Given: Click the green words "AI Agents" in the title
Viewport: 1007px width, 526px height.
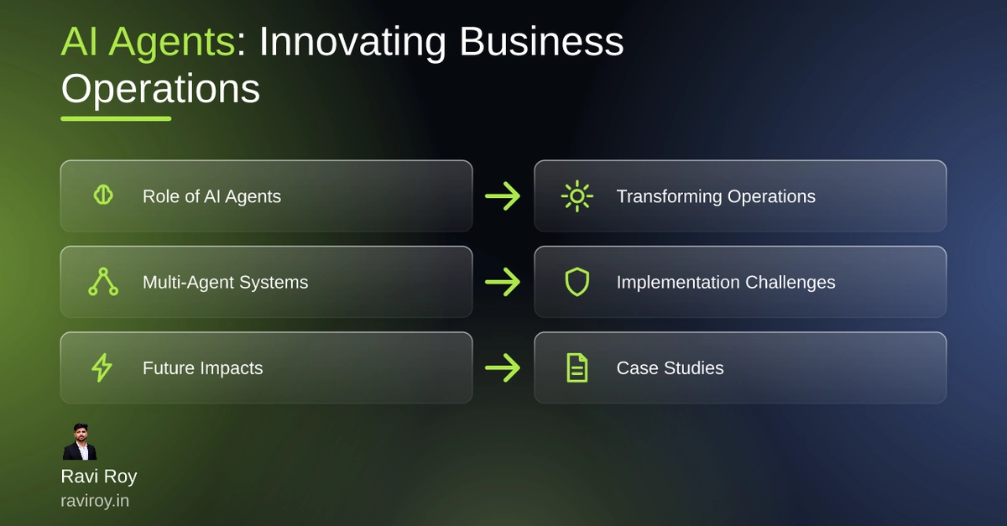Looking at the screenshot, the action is pos(148,42).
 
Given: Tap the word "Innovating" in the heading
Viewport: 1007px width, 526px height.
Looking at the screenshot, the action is pos(352,42).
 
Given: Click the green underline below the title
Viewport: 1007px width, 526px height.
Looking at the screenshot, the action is pos(116,118).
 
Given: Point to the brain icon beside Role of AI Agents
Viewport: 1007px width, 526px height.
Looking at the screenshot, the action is pos(103,195).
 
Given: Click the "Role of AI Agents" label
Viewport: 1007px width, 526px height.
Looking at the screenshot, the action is pos(211,196).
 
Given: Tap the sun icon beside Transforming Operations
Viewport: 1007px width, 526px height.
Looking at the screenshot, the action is pos(577,196).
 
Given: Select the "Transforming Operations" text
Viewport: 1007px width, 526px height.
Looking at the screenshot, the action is pos(716,196).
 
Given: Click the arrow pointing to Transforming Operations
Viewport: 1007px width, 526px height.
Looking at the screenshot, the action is pos(503,196).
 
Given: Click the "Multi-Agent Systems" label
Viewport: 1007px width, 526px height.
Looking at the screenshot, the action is pos(225,283).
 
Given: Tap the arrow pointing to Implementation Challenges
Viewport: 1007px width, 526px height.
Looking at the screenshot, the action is pos(503,282).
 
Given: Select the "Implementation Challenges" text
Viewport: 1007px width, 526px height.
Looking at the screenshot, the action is pos(726,283).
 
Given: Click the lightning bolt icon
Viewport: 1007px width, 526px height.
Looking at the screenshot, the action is pos(102,367).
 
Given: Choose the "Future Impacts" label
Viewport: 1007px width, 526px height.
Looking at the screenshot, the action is pos(203,368).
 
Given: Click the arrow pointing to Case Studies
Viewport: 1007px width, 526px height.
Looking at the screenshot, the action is pos(503,367).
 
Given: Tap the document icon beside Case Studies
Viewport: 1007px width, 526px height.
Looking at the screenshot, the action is pos(577,367).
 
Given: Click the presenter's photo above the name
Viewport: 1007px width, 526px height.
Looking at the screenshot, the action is pos(80,441).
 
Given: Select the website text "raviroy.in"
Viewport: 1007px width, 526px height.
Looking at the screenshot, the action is pos(95,501).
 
